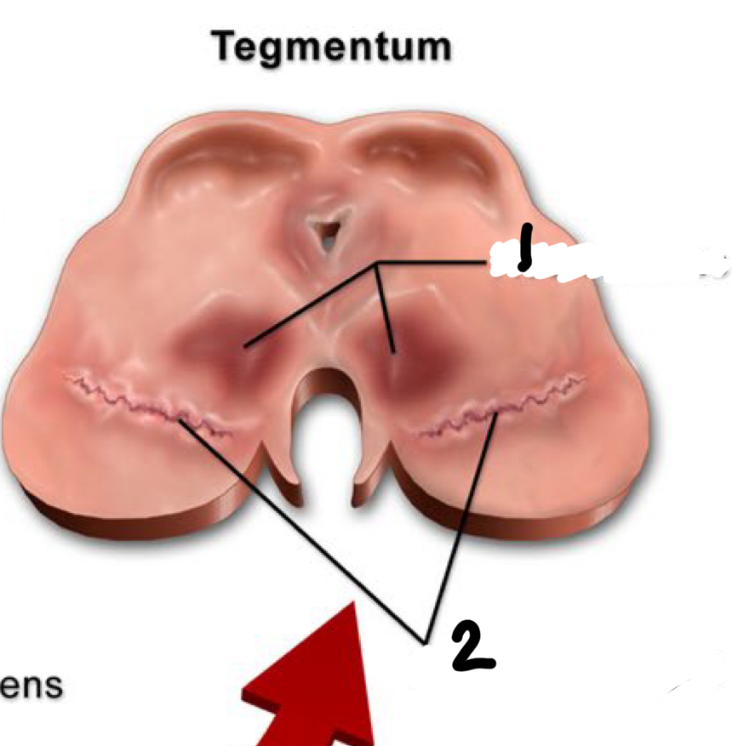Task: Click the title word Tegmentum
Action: pyautogui.click(x=333, y=46)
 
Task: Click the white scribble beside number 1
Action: pyautogui.click(x=613, y=264)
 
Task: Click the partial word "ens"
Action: pyautogui.click(x=31, y=686)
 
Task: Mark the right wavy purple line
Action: pyautogui.click(x=502, y=408)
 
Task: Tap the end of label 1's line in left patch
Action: pyautogui.click(x=245, y=345)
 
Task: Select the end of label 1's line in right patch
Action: pyautogui.click(x=393, y=351)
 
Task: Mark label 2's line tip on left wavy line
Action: pyautogui.click(x=180, y=419)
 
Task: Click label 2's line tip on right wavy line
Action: pyautogui.click(x=497, y=414)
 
